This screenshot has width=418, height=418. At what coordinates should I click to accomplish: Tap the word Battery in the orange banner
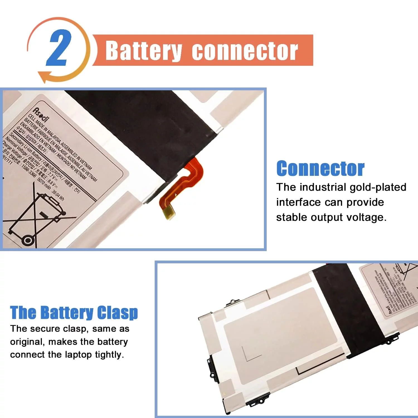[x=144, y=51]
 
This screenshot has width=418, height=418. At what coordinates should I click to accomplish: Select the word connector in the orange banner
[x=245, y=51]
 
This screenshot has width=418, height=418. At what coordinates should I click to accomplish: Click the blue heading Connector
[x=320, y=169]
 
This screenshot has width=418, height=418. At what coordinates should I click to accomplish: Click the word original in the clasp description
[x=26, y=342]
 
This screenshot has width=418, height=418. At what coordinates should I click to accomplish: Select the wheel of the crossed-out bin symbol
[x=28, y=240]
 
